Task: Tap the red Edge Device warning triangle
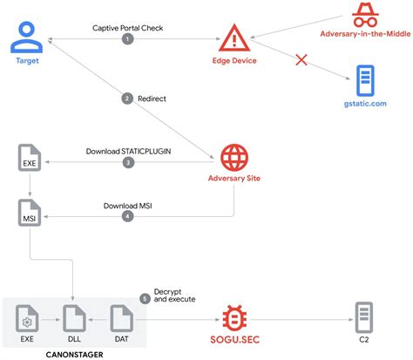(x=233, y=37)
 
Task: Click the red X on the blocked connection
(x=302, y=60)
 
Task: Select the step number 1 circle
(x=128, y=39)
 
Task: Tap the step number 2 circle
(x=128, y=98)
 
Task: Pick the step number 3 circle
(x=128, y=162)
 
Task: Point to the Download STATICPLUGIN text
(x=127, y=150)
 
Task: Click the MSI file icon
(x=29, y=214)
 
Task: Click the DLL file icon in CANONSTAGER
(x=74, y=319)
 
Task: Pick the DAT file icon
(x=120, y=319)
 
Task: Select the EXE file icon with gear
(x=29, y=319)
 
